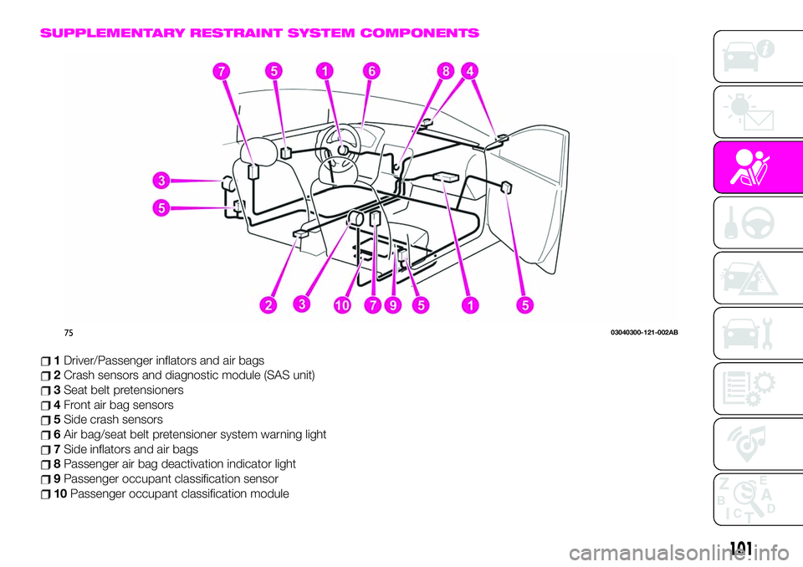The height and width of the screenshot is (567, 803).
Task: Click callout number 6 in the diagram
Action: tap(366, 74)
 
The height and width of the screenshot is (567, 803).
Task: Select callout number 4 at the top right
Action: tap(473, 73)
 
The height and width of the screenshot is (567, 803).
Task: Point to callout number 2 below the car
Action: tap(268, 306)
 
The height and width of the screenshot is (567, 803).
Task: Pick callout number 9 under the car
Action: tap(392, 306)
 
